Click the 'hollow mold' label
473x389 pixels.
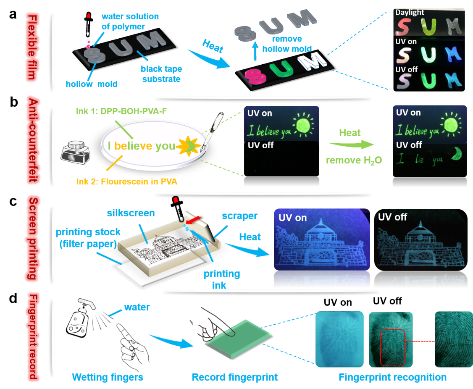[92, 84]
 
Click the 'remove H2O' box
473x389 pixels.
[354, 160]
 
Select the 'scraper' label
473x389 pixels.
[240, 216]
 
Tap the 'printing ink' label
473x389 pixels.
[222, 279]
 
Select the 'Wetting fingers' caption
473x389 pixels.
[108, 377]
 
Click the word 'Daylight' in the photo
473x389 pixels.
[410, 13]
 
